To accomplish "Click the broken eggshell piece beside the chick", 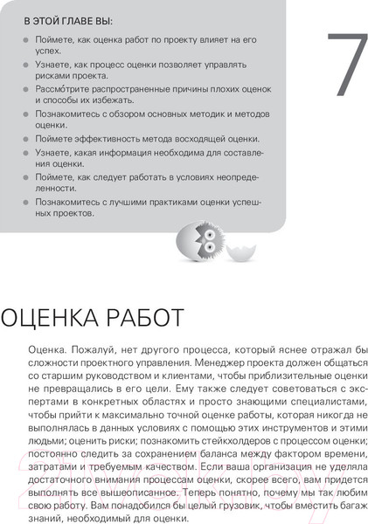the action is (x=239, y=254).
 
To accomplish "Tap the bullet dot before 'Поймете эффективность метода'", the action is (x=21, y=139).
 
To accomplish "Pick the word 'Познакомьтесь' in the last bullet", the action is (x=69, y=201).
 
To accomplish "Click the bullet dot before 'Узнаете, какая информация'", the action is (x=21, y=152).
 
